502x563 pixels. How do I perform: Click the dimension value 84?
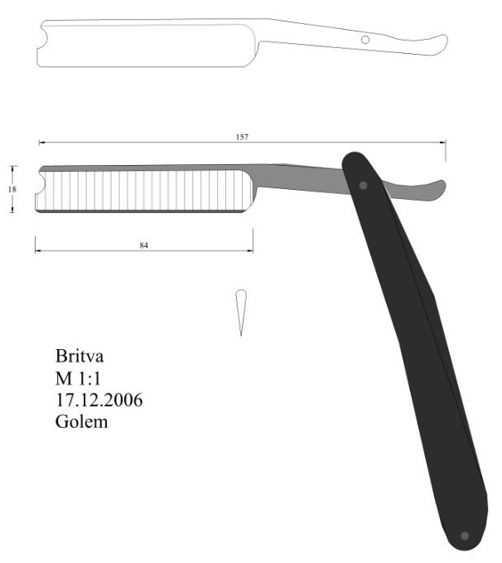tap(144, 245)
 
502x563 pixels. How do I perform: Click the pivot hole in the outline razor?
tap(364, 39)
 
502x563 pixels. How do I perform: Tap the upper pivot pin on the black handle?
tap(364, 185)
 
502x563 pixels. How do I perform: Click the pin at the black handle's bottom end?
tap(463, 536)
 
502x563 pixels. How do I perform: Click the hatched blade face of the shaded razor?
tap(145, 190)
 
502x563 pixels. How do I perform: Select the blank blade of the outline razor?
tap(145, 45)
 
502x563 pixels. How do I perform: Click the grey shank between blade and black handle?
tap(298, 177)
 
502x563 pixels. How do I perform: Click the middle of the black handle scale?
tap(414, 348)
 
